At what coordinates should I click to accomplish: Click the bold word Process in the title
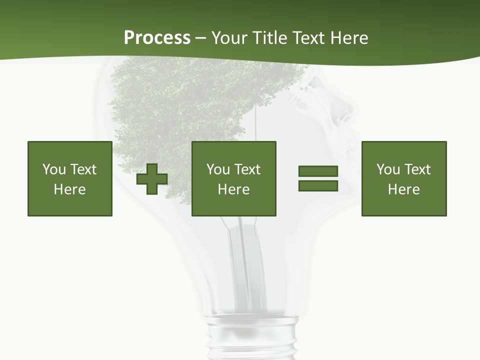coord(157,37)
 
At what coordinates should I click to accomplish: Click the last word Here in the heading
coord(350,37)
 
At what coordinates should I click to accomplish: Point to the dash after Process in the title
coord(201,38)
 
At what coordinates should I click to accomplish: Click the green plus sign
coord(152,179)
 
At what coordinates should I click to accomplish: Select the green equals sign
coord(318,178)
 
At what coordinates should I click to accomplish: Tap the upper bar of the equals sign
coord(318,171)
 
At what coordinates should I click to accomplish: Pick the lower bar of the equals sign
coord(318,185)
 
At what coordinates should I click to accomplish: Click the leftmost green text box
coord(70,178)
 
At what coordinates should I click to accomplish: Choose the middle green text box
coord(234,178)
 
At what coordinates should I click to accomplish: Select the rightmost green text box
coord(404,178)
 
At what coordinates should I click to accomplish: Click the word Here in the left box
coord(70,189)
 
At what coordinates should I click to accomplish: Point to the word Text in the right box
coord(417,169)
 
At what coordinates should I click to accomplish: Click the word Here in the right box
coord(404,189)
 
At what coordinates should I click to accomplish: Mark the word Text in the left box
coord(83,169)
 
